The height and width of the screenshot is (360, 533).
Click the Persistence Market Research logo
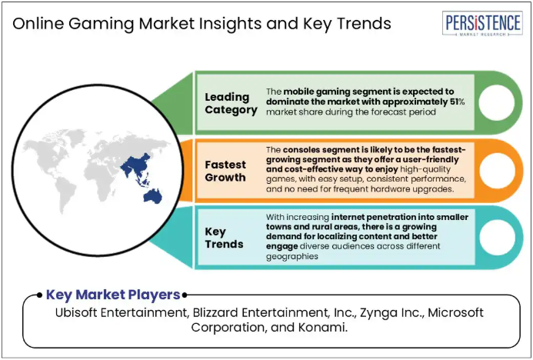coord(482,23)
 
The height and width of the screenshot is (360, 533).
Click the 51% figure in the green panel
coord(457,102)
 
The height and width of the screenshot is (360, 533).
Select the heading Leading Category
coord(231,103)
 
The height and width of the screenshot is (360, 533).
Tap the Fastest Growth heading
coord(225,171)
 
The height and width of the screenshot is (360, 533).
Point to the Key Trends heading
coord(224,238)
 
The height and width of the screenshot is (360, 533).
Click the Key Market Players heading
coord(113,295)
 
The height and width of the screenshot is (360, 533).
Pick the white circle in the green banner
coord(496,102)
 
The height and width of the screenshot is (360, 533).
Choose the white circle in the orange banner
coord(496,170)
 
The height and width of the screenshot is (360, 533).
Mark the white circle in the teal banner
coord(496,237)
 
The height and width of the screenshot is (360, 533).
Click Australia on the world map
coord(153,196)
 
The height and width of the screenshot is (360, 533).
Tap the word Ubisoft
coord(76,312)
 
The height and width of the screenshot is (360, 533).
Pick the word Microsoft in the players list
coord(455,312)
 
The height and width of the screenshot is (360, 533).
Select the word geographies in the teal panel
coord(292,257)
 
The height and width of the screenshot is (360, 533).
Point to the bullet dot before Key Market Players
coord(40,295)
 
